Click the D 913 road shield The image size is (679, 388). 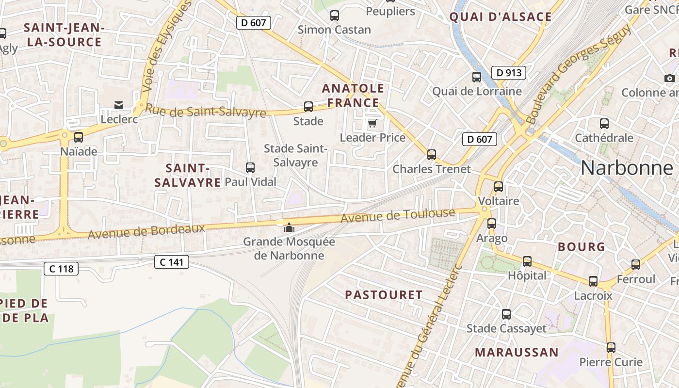click(509, 73)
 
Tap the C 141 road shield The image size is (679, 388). click(172, 262)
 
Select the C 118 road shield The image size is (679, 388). click(61, 268)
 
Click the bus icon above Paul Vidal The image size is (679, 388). click(250, 168)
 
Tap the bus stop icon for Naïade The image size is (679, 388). click(79, 137)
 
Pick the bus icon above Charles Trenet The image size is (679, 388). click(431, 155)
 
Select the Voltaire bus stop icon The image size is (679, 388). click(498, 187)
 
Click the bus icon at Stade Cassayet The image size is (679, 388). click(506, 314)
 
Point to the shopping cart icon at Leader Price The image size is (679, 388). click(372, 123)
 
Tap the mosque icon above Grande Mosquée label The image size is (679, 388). click(289, 227)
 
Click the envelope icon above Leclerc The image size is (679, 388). click(119, 105)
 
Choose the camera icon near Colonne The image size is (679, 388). click(670, 78)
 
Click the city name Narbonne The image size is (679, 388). click(627, 168)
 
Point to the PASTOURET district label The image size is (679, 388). click(384, 294)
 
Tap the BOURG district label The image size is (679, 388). click(582, 246)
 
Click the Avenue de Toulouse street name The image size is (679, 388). click(398, 216)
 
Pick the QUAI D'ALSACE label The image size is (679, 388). click(501, 17)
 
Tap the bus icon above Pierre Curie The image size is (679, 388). click(611, 348)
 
